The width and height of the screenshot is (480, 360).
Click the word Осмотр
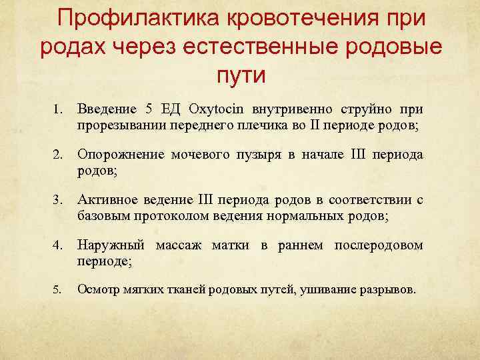point(101,291)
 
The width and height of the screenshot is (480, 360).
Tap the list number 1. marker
point(58,109)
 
